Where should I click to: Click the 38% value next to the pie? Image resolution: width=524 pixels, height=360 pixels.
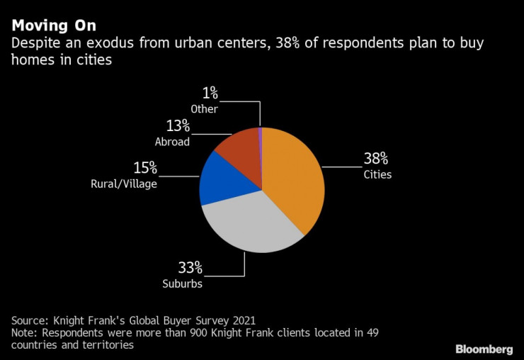click(x=375, y=159)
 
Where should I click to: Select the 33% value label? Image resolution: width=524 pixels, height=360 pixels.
click(x=190, y=268)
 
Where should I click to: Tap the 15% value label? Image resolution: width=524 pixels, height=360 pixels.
click(x=145, y=169)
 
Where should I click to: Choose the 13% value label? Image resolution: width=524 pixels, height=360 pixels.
click(x=178, y=125)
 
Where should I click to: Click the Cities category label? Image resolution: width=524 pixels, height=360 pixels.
click(x=377, y=174)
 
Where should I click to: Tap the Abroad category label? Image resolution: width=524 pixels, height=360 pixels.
click(x=172, y=141)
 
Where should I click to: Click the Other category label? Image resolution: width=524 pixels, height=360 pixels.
click(x=204, y=108)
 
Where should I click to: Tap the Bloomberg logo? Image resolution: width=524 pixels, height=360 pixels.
click(x=484, y=349)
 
